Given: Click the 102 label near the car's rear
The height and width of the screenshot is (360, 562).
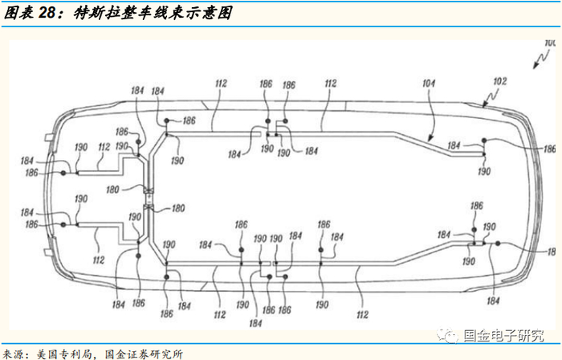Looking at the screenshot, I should tap(499, 81).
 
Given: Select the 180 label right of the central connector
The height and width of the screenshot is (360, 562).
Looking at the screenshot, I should tap(175, 209).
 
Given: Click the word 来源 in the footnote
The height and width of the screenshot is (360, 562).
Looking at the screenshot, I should tap(14, 352).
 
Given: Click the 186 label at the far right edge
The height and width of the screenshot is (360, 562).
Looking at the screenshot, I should tap(550, 149).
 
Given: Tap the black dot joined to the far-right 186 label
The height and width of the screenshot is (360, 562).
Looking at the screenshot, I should tap(485, 141).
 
